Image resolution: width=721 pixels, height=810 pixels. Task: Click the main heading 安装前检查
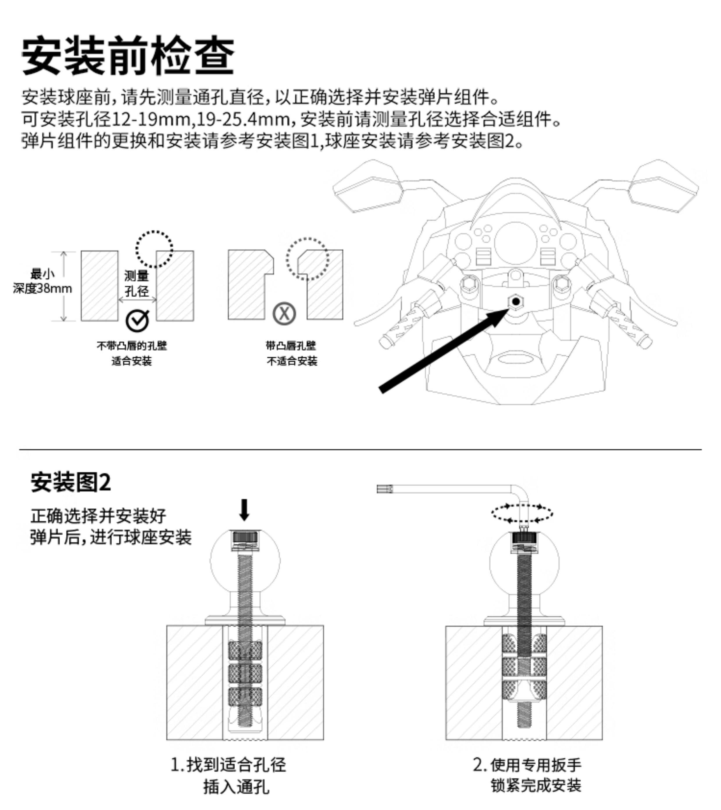coord(128,55)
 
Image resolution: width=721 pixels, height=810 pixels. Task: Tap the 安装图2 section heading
coord(71,482)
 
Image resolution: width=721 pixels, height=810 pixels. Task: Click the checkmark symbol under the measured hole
coord(137,320)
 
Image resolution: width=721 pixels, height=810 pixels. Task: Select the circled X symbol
coord(284,313)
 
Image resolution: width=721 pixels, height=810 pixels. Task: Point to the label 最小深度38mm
coord(42,281)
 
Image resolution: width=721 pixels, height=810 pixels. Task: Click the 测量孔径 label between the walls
coord(137,283)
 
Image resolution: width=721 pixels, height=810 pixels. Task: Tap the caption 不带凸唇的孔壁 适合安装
coord(132,353)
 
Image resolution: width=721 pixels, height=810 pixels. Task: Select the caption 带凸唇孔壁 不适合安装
coord(292,353)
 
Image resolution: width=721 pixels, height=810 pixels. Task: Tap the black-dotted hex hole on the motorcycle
coord(515,302)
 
